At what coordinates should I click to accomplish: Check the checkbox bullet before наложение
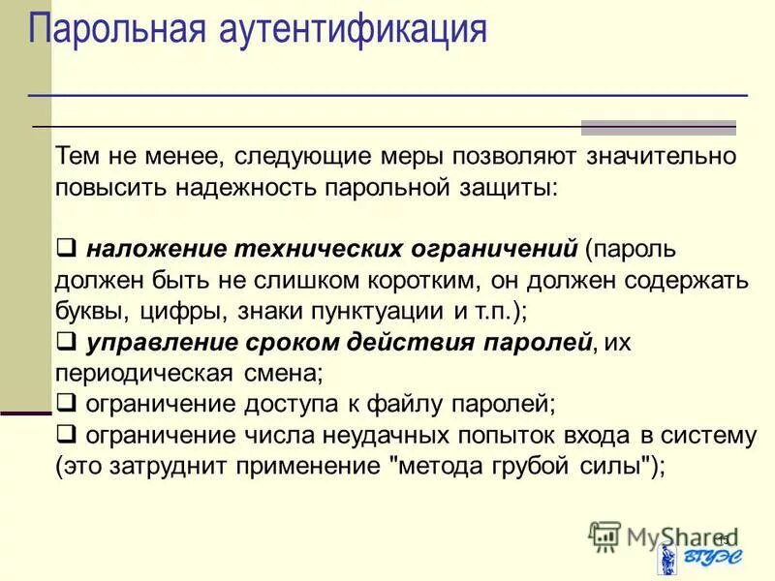click(66, 249)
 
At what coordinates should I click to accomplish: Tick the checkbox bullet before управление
click(66, 342)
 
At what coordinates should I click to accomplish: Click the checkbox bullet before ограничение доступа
click(66, 403)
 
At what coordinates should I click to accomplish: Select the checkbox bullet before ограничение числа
click(66, 435)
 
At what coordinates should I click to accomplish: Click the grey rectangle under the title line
click(658, 127)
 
